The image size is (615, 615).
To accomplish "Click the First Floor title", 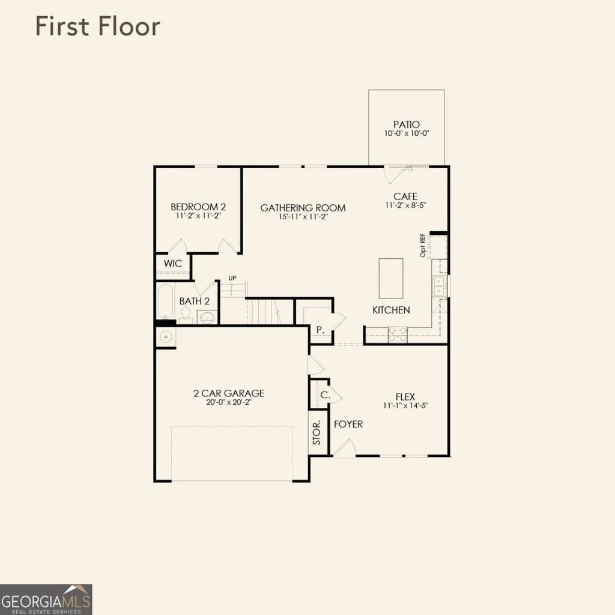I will (x=97, y=27).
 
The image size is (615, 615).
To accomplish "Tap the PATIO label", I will (x=406, y=124).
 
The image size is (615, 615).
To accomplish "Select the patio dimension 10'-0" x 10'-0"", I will (x=406, y=133).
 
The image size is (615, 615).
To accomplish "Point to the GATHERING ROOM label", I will (x=303, y=208).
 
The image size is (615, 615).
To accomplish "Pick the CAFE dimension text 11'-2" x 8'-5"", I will (x=405, y=205).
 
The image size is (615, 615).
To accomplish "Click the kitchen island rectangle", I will (x=391, y=278).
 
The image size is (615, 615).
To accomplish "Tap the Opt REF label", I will (x=423, y=246).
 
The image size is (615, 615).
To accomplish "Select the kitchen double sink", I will (x=440, y=286).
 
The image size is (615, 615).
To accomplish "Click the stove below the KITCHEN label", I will (x=397, y=335).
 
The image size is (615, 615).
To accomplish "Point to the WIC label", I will (x=173, y=264).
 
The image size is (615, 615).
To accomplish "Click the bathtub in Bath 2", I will (x=165, y=302).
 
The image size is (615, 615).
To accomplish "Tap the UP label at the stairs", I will (x=232, y=278).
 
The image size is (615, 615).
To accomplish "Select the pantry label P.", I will (x=320, y=330).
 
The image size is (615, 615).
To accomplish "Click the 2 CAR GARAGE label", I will (x=229, y=394).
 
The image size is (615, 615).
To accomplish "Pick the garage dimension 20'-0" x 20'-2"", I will (x=229, y=403).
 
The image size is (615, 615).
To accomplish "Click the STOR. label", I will (x=317, y=433).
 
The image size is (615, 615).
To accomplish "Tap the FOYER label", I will (x=348, y=424).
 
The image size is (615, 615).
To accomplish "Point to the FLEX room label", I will (x=405, y=396).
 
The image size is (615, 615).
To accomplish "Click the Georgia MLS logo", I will (x=46, y=599).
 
